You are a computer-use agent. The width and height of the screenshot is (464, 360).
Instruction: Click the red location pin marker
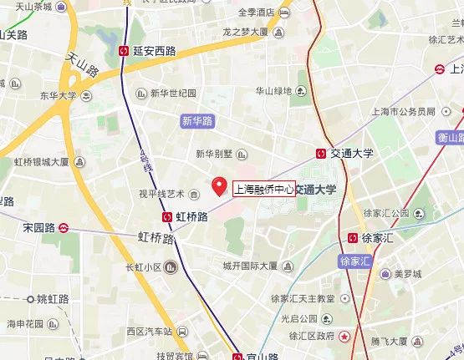point(220,185)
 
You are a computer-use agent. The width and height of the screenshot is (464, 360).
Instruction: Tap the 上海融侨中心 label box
point(263,190)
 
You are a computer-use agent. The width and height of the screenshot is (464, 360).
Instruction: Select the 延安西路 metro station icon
point(125,51)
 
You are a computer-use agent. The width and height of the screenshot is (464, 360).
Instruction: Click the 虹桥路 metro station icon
point(167,216)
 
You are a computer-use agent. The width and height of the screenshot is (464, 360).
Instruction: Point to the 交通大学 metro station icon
point(321,154)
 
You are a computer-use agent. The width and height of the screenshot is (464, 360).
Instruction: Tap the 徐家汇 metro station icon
point(354,238)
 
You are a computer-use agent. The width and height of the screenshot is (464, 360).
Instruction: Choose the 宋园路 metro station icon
point(64,227)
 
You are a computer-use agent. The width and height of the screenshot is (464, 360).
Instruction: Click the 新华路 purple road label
point(196,121)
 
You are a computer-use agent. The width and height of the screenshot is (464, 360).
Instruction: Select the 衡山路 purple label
point(449,138)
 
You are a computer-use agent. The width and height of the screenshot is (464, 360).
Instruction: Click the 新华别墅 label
point(215,154)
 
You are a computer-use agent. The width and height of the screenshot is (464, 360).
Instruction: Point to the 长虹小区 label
point(142,267)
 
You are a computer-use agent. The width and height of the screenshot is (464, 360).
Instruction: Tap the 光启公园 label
point(299,318)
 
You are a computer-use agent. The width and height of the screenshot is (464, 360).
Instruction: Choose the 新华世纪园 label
point(173,93)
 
